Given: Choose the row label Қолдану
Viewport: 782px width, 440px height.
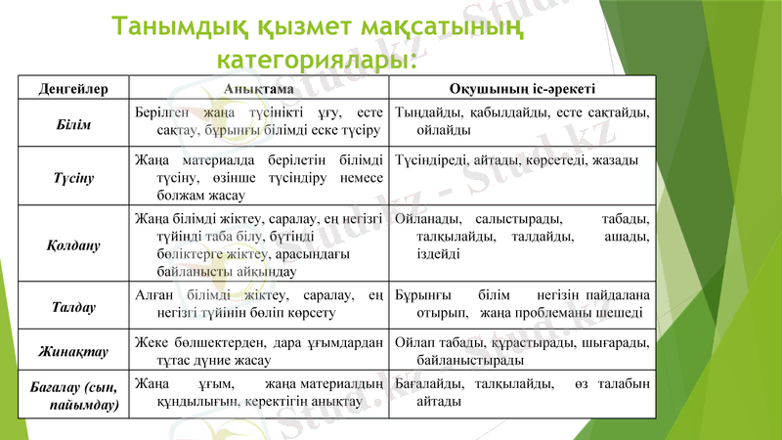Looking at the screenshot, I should (x=73, y=244).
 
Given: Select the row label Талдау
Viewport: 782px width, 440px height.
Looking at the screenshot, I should (x=73, y=307).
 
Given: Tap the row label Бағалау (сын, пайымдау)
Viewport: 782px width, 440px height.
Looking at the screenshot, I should (x=73, y=394).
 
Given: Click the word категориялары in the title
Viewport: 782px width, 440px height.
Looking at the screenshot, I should (x=318, y=61).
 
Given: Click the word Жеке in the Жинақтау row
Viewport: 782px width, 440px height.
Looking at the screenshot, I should (x=152, y=342).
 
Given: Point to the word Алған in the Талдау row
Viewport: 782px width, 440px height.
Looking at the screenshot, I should (x=153, y=295).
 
